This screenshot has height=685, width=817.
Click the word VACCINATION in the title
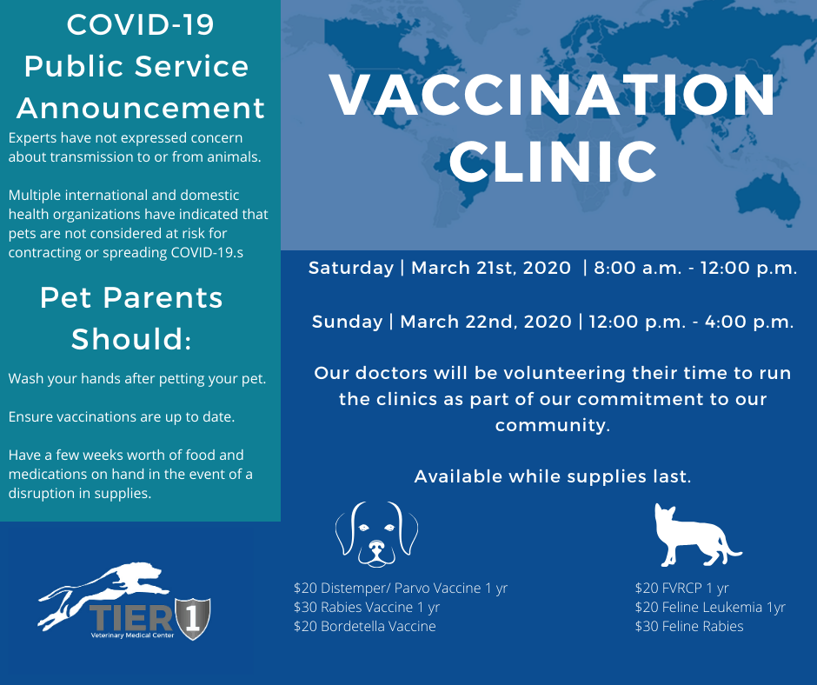click(x=553, y=95)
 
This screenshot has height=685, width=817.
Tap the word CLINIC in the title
click(x=553, y=162)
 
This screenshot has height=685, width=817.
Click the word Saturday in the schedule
click(x=350, y=268)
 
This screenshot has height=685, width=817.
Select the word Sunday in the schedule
click(x=347, y=322)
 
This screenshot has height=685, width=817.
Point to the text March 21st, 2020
click(x=491, y=268)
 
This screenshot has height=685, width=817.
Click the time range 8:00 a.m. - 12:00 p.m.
click(x=695, y=269)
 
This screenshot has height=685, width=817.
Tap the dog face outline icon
click(x=376, y=534)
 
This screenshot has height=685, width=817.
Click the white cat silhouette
click(x=698, y=535)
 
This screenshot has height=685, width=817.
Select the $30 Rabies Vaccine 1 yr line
click(x=366, y=607)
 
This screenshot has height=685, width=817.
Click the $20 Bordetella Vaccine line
click(x=364, y=626)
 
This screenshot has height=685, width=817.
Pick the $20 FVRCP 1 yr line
click(x=681, y=588)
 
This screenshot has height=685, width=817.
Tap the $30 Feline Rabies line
click(x=689, y=626)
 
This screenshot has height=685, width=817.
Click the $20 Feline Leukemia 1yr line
click(x=710, y=607)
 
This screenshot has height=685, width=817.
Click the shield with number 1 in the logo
click(x=193, y=618)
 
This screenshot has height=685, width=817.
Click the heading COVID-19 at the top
click(x=140, y=24)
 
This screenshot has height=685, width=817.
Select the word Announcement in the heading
click(x=141, y=108)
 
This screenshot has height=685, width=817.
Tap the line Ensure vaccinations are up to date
click(x=122, y=417)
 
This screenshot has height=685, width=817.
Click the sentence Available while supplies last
click(x=553, y=476)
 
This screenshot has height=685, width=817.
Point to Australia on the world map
click(x=767, y=193)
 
